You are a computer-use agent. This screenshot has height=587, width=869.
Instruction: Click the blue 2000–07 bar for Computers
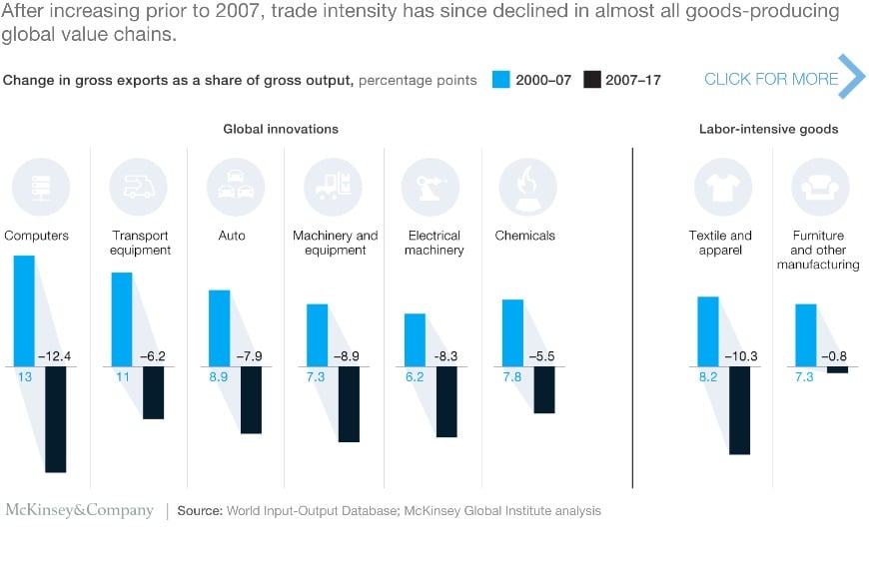coord(24,310)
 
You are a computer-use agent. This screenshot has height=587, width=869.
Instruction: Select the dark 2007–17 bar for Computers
coord(55,418)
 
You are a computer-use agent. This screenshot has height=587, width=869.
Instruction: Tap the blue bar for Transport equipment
coord(121,318)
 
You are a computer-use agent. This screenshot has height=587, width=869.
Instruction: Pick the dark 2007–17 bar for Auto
coord(251,399)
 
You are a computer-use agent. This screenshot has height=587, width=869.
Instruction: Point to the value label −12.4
coord(55,356)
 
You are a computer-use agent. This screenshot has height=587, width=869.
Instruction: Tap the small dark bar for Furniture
coord(837,369)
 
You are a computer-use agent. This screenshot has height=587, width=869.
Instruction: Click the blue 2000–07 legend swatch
coord(502,80)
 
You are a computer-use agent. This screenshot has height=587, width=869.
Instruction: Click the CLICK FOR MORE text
coord(771,79)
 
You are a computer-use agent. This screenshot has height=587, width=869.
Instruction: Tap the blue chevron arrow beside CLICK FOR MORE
coord(851,77)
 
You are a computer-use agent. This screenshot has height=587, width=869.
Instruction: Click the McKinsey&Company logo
coord(80,510)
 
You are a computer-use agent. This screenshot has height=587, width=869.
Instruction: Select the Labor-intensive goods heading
coord(768,129)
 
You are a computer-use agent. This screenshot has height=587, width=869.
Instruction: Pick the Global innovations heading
coord(281,129)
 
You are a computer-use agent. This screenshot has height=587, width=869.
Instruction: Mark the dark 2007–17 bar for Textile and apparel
coord(739,410)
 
